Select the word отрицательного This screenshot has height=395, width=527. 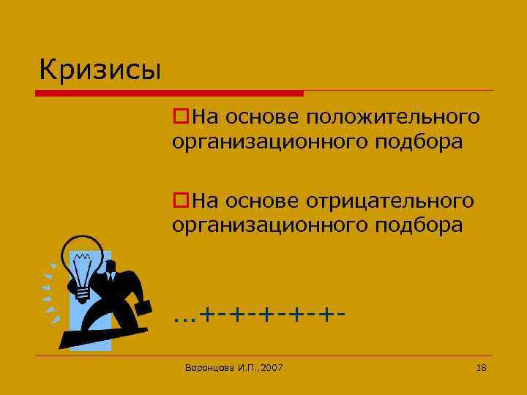point(390,200)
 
